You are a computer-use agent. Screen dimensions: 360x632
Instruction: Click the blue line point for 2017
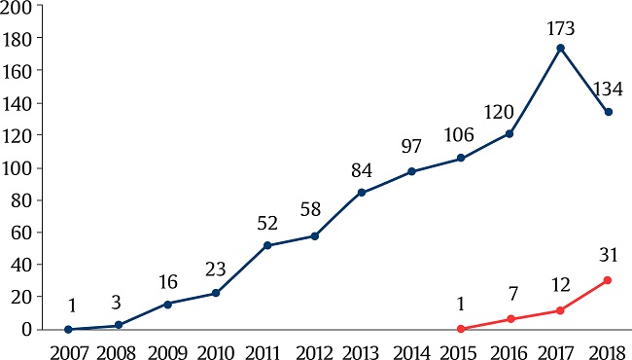tap(560, 48)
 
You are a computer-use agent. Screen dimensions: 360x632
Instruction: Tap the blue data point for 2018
tap(609, 112)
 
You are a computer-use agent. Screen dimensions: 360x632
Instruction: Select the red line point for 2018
tap(609, 280)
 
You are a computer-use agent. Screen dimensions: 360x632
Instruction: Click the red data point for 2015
tap(462, 329)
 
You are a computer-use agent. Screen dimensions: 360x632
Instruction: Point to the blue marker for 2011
tap(266, 245)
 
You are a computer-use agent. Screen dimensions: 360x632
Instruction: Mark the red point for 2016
tap(510, 319)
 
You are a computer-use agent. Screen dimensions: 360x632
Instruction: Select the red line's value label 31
tap(609, 255)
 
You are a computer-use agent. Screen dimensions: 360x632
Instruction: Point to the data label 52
tap(266, 223)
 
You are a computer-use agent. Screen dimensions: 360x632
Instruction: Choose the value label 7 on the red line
tap(510, 295)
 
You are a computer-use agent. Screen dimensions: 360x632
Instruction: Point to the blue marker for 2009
tap(167, 304)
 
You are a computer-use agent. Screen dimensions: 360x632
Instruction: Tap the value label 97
tap(412, 148)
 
